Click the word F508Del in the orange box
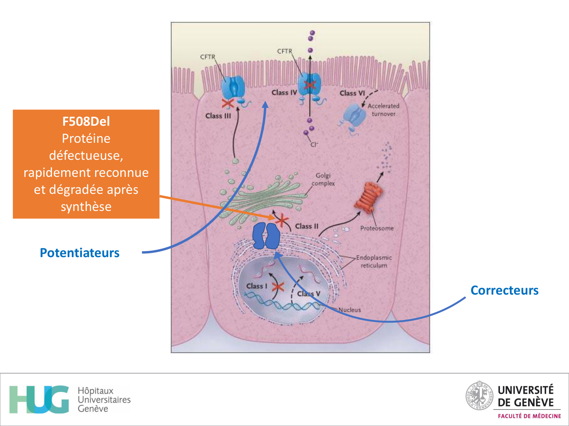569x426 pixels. tap(86, 121)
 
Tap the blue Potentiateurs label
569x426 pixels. tap(80, 253)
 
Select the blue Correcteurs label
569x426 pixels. tap(504, 290)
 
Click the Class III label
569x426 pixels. tap(218, 116)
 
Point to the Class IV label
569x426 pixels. tap(284, 92)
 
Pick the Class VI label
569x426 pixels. tap(352, 93)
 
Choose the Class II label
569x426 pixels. tap(307, 226)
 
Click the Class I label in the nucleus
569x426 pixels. tap(257, 286)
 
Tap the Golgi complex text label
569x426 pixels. tap(323, 179)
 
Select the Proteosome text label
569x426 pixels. tap(377, 228)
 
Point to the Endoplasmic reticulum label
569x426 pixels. tap(374, 261)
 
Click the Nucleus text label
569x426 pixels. tap(349, 310)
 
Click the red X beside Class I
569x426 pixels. tap(278, 287)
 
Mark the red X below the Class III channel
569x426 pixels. tap(228, 103)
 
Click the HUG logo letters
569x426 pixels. tap(39, 399)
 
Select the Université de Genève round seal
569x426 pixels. tap(479, 396)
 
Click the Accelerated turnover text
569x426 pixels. tap(383, 110)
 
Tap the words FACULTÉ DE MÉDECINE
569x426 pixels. tap(529, 416)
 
